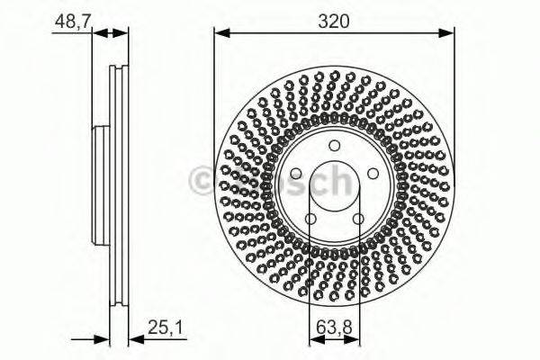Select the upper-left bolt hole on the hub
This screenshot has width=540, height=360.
tap(295, 174)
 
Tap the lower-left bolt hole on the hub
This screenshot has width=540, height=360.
tap(310, 219)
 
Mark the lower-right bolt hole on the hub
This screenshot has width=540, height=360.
tap(358, 219)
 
